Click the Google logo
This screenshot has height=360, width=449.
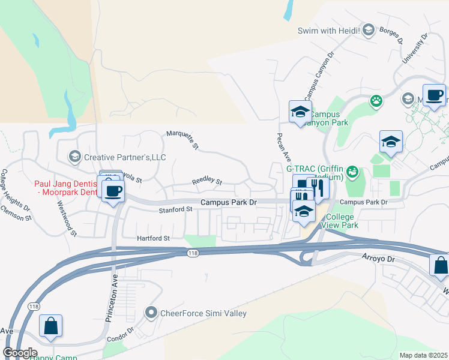(20, 353)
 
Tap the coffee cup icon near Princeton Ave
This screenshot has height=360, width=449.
(112, 191)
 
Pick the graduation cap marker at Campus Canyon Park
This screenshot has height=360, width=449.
(300, 112)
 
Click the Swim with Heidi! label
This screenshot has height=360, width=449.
(329, 30)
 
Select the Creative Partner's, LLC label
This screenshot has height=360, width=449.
(124, 157)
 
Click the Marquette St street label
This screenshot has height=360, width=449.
(182, 139)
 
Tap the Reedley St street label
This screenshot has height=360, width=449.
(206, 181)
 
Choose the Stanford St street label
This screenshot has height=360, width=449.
(175, 210)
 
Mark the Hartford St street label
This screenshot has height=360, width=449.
(154, 238)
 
